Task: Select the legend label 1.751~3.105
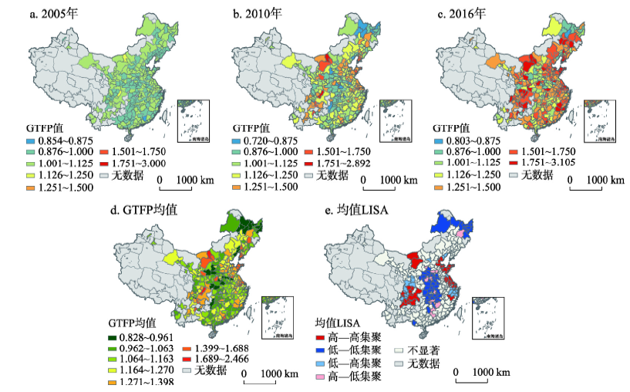click(552, 164)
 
